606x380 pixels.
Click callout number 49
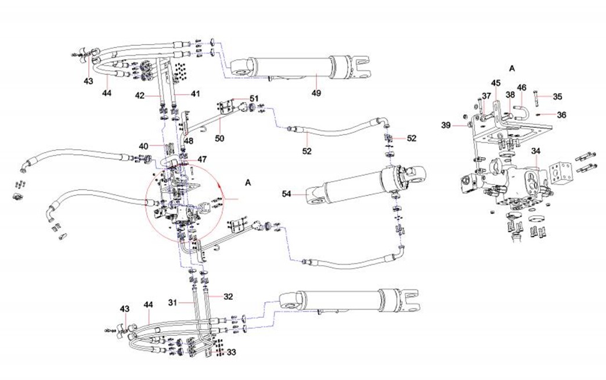pyautogui.click(x=316, y=92)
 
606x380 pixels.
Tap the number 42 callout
pyautogui.click(x=140, y=94)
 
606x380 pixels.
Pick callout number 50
pyautogui.click(x=220, y=138)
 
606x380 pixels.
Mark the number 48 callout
pyautogui.click(x=189, y=141)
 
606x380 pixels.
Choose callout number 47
pyautogui.click(x=201, y=158)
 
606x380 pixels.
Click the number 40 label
pyautogui.click(x=143, y=146)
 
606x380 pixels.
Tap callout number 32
pyautogui.click(x=228, y=296)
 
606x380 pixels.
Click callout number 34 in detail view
pyautogui.click(x=536, y=151)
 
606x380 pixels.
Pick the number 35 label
pyautogui.click(x=557, y=97)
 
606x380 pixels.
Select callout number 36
pyautogui.click(x=561, y=115)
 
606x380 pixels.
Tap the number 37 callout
pyautogui.click(x=486, y=96)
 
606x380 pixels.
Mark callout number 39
pyautogui.click(x=446, y=125)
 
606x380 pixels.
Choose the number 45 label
pyautogui.click(x=496, y=83)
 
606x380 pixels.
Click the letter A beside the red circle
pyautogui.click(x=248, y=182)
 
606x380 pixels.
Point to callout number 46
pyautogui.click(x=522, y=88)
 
